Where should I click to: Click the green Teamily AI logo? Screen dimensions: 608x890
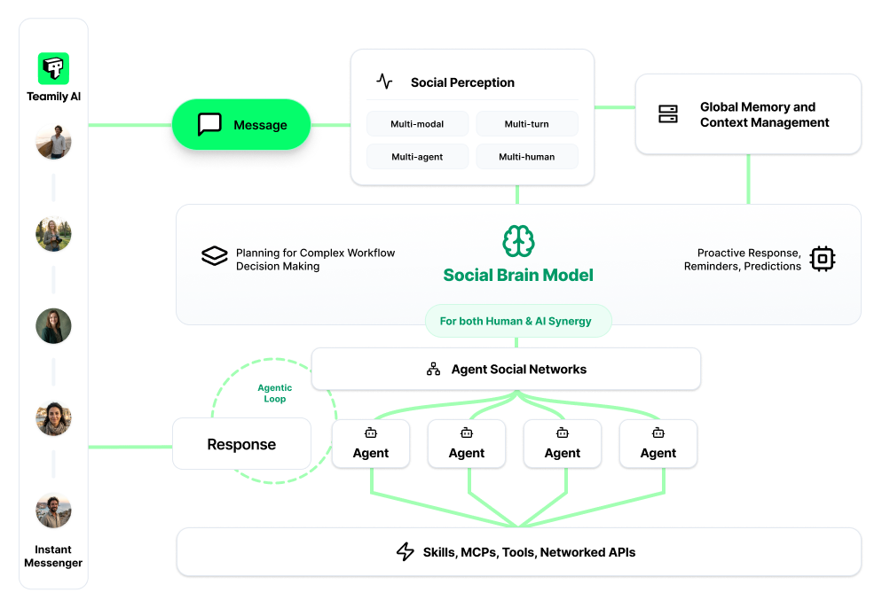pos(53,68)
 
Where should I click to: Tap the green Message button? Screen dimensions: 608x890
pos(240,125)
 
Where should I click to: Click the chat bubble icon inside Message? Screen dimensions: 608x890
pos(209,125)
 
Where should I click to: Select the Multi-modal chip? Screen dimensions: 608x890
pos(417,124)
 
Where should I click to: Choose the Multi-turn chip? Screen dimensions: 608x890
pos(526,124)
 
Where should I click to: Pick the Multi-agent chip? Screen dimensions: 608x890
pos(417,157)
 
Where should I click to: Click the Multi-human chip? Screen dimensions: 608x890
pos(526,157)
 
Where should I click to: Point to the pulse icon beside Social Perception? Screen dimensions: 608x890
pos(384,82)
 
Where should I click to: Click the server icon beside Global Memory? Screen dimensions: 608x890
pos(668,114)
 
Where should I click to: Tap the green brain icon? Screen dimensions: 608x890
pos(518,241)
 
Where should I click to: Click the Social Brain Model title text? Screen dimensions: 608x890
pos(518,275)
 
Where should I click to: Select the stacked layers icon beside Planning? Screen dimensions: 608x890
pos(215,257)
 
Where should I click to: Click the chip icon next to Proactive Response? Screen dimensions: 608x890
pos(823,259)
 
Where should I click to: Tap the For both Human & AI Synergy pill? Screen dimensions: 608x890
pos(516,321)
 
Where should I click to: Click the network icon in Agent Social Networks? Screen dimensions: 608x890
pos(433,369)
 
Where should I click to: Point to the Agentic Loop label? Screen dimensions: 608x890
pos(274,394)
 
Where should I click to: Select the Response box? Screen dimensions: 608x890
pos(241,444)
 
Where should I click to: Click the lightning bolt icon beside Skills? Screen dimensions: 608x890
pos(406,552)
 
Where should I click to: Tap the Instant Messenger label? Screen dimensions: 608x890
pos(53,556)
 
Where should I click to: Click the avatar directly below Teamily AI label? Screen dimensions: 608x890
pos(53,142)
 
